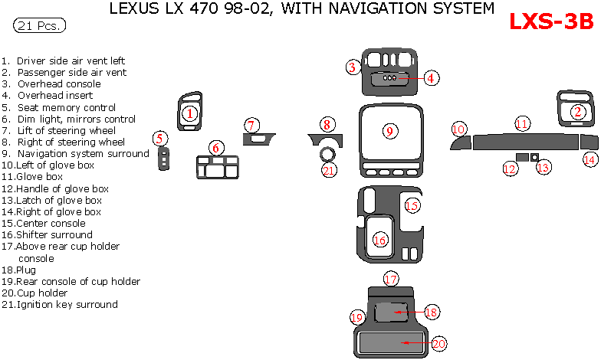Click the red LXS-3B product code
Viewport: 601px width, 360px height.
pos(551,23)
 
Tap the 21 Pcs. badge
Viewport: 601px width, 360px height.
pos(38,26)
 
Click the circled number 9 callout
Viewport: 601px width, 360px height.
pos(389,132)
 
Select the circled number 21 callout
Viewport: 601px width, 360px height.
pos(329,170)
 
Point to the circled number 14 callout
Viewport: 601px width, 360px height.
pos(590,159)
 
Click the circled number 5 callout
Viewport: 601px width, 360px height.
pos(159,139)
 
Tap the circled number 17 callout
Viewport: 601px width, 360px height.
pos(391,279)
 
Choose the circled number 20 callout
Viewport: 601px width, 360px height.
pos(438,344)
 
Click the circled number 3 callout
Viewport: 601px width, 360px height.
pos(352,67)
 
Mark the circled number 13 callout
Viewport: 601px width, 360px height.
pos(544,167)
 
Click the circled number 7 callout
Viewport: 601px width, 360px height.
pos(252,125)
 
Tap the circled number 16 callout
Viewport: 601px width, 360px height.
pos(379,241)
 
